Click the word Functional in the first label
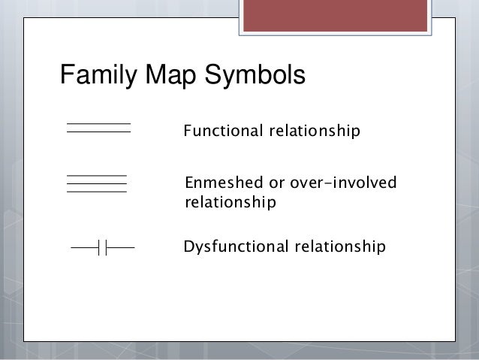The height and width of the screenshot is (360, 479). click(x=221, y=133)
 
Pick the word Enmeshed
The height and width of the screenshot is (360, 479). click(x=220, y=184)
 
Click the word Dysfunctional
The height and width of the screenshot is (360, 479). click(x=233, y=246)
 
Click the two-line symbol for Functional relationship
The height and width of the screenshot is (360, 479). click(x=98, y=127)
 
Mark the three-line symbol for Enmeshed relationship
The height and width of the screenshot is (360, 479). click(x=97, y=183)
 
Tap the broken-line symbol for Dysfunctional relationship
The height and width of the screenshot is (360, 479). click(x=102, y=247)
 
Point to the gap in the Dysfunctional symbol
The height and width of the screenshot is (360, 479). click(x=103, y=247)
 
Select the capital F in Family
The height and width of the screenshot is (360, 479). click(x=66, y=77)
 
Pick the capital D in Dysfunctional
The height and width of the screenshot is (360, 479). click(x=188, y=246)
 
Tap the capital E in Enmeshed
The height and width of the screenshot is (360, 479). click(x=189, y=184)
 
